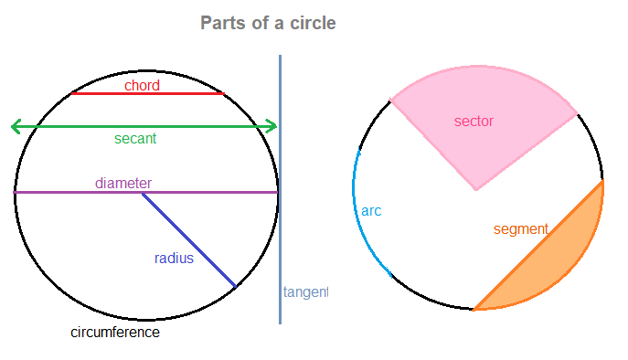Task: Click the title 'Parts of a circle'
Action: pos(268,23)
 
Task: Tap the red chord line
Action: pos(183,93)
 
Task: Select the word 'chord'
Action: pos(143,85)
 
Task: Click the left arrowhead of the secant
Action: pos(14,126)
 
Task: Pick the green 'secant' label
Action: pos(135,139)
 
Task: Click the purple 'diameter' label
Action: pos(123,183)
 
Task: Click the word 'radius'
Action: pos(174,259)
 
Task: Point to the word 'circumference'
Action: pos(115,333)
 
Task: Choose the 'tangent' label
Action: pos(305,292)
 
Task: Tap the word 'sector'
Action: pos(474,121)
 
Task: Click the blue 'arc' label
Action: pos(371,211)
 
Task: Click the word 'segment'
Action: pos(520,229)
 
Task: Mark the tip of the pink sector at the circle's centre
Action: pos(476,189)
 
